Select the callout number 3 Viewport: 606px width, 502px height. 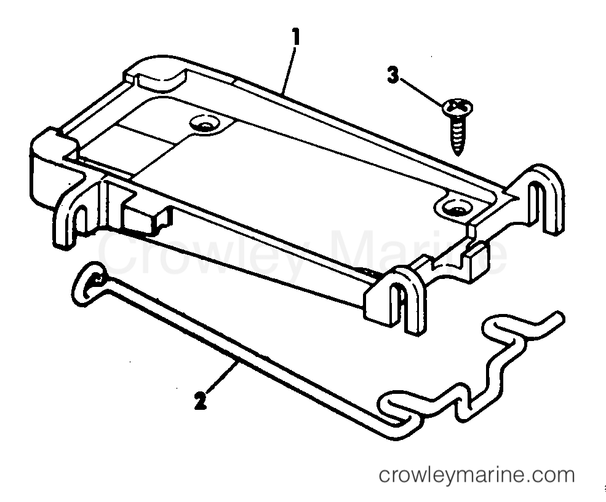(393, 75)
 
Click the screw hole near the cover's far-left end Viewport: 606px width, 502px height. (204, 124)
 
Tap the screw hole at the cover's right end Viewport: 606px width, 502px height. (453, 208)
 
